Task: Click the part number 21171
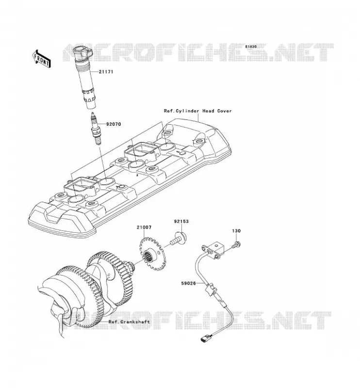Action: [106, 72]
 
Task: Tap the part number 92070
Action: [114, 124]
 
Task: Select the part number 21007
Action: [144, 227]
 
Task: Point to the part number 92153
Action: [181, 221]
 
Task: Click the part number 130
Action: [236, 231]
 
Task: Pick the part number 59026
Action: [188, 283]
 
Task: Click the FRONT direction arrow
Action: [41, 58]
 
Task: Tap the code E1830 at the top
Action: [251, 47]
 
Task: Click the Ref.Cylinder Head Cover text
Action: [197, 111]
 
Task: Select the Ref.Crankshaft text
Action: [129, 322]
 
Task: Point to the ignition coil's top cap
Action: [83, 52]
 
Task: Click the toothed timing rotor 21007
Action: [151, 253]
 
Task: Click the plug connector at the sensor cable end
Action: [205, 338]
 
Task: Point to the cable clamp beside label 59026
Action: [210, 289]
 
